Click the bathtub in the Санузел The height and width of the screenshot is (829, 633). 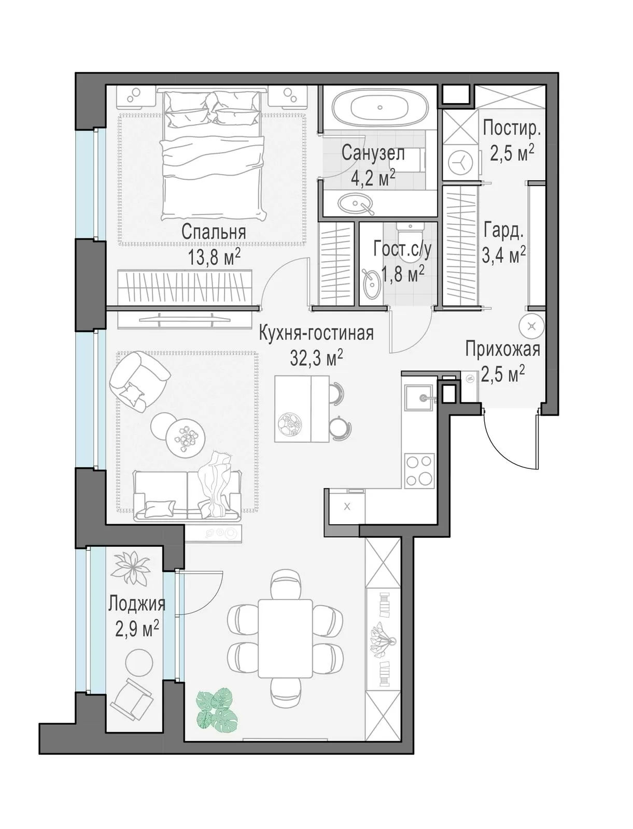[380, 108]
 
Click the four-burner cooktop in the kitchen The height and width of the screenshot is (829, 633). [419, 470]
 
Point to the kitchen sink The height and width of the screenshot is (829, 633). [418, 397]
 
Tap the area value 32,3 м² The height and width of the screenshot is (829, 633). [317, 358]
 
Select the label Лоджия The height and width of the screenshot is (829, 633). [137, 604]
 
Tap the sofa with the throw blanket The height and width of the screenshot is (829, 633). [187, 495]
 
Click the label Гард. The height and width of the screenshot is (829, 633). [503, 231]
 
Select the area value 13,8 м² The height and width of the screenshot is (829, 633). [214, 258]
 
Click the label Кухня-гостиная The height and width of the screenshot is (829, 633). [316, 333]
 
